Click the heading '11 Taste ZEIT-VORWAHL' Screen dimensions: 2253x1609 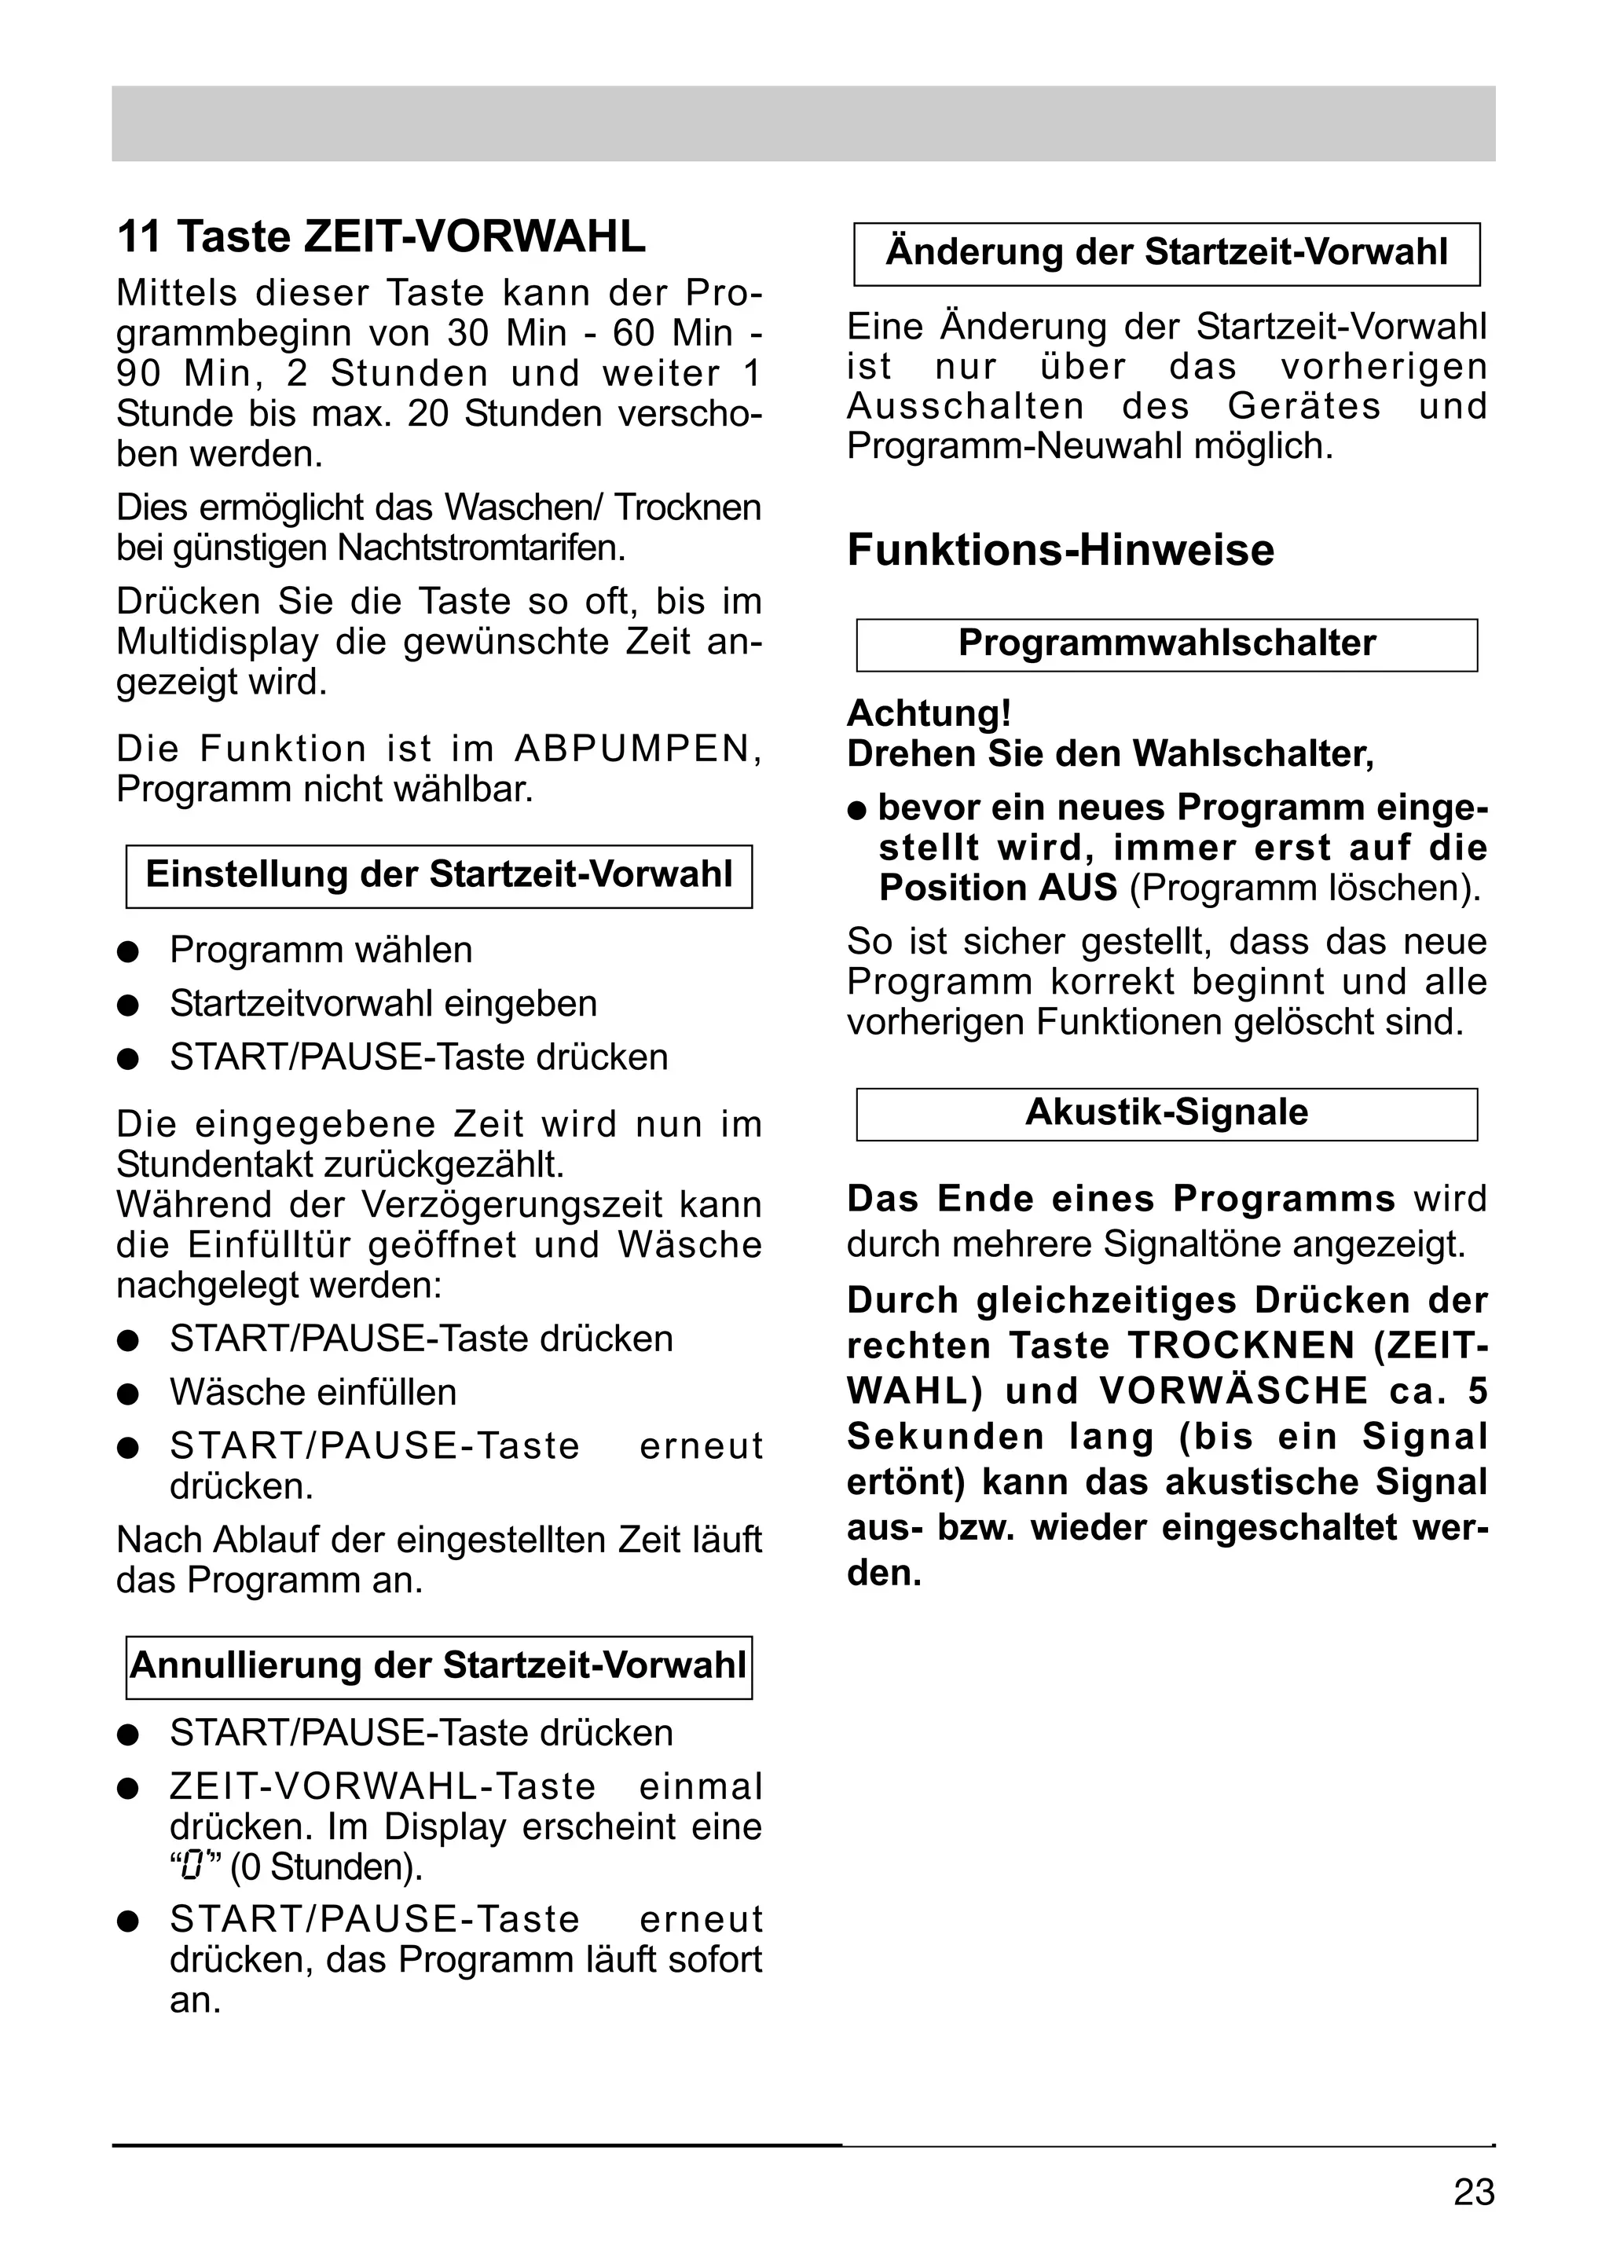(x=382, y=236)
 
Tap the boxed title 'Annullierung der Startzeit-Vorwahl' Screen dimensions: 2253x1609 (x=439, y=1665)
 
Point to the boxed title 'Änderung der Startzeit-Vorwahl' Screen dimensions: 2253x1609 (x=1166, y=253)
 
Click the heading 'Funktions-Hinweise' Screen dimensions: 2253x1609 (x=1060, y=551)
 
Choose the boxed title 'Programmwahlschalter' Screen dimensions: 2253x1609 (x=1166, y=644)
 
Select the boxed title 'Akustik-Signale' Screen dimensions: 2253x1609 (x=1166, y=1112)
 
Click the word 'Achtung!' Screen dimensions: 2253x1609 (x=929, y=713)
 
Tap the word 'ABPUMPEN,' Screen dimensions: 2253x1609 (x=638, y=749)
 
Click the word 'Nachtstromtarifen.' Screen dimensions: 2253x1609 (x=482, y=548)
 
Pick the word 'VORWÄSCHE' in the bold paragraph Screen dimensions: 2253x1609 (x=1233, y=1392)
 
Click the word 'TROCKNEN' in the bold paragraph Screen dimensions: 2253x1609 (x=1241, y=1346)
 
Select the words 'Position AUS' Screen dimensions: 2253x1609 (x=998, y=888)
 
